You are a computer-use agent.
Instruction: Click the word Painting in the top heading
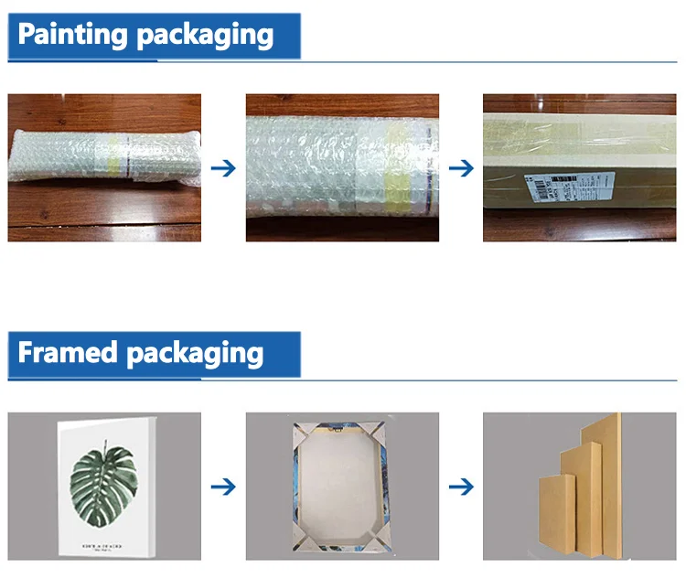[x=73, y=36]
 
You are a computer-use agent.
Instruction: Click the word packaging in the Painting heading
[x=205, y=36]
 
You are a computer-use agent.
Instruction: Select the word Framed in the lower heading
[x=68, y=352]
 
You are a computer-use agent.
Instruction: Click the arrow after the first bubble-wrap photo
[x=223, y=168]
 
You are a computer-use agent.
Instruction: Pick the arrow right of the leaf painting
[x=223, y=486]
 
